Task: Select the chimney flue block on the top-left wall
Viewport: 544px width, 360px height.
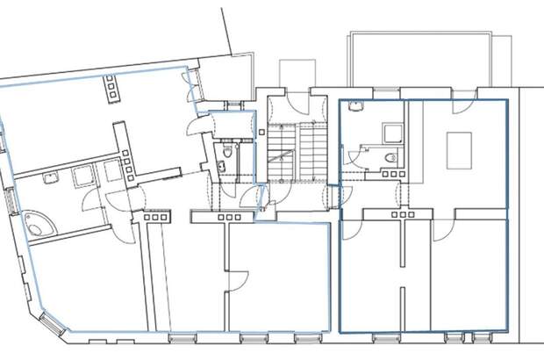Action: pyautogui.click(x=113, y=86)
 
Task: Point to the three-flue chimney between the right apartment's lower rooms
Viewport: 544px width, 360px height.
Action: pyautogui.click(x=403, y=213)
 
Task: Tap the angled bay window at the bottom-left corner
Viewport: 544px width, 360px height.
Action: pyautogui.click(x=49, y=326)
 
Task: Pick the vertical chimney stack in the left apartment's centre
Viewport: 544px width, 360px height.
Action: pyautogui.click(x=125, y=154)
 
